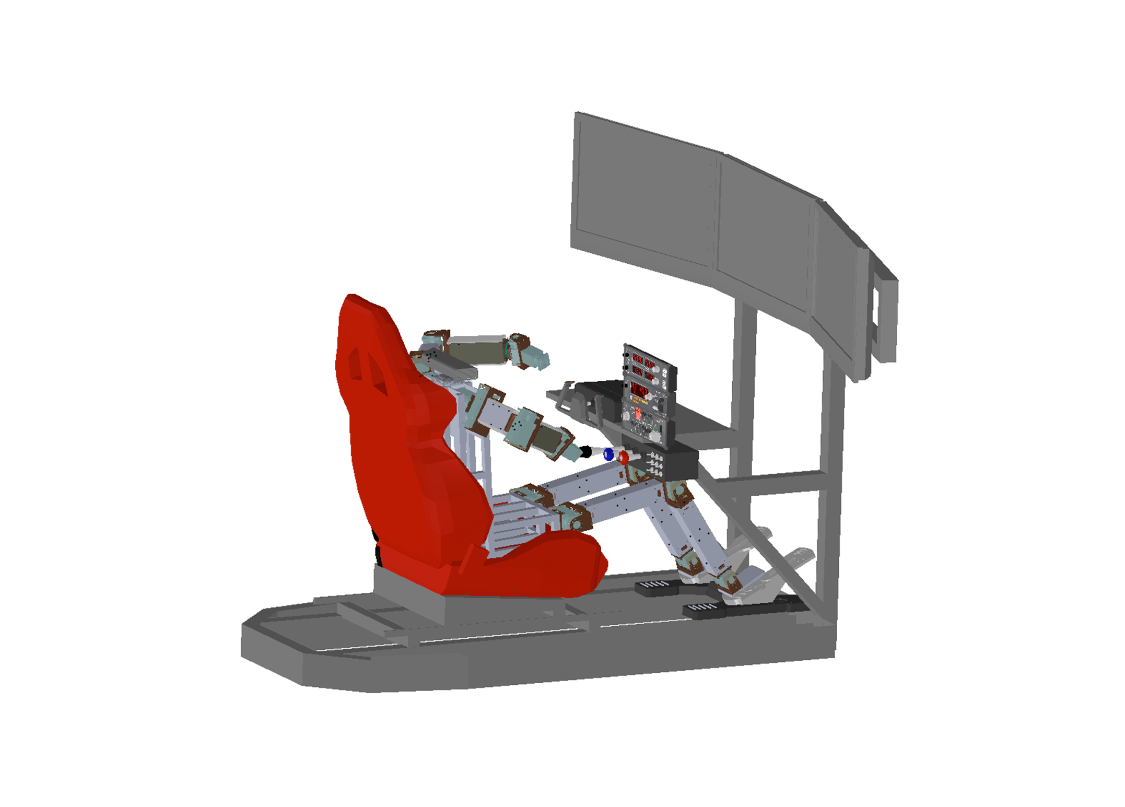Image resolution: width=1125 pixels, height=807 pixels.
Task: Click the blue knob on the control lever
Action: pyautogui.click(x=608, y=454)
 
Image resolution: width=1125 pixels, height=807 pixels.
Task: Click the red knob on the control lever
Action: pyautogui.click(x=623, y=458)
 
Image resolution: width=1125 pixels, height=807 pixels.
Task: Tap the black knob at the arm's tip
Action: pyautogui.click(x=586, y=451)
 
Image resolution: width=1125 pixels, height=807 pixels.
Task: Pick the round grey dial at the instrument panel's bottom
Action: pyautogui.click(x=654, y=435)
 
